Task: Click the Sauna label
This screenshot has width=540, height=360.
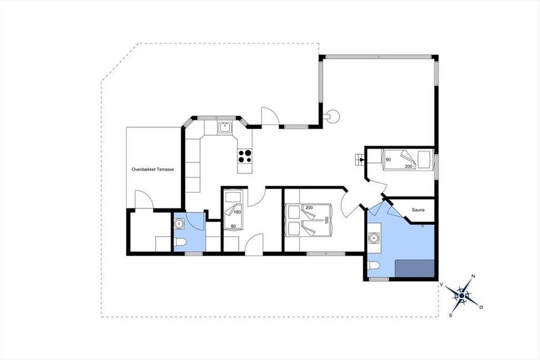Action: tap(418, 210)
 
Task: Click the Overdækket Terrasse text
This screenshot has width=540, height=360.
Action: tap(153, 169)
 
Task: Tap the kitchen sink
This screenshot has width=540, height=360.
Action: tap(225, 127)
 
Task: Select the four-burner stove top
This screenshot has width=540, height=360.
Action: tap(245, 156)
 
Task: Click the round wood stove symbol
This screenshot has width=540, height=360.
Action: tap(333, 117)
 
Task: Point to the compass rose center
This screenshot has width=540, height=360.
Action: tap(461, 296)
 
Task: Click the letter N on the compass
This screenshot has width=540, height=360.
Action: tap(473, 276)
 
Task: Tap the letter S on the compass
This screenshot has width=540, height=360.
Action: tap(450, 315)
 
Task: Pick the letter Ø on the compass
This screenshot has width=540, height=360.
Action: tap(481, 307)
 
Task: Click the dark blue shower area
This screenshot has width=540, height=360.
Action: tap(414, 268)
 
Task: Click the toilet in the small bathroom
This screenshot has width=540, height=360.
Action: tap(180, 242)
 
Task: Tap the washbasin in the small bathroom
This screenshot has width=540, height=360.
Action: tap(179, 224)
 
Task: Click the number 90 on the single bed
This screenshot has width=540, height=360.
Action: tap(388, 160)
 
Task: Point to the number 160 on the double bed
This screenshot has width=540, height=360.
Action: tap(327, 220)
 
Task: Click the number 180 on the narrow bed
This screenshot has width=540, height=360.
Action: tap(238, 212)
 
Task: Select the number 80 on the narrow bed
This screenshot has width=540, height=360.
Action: tap(233, 226)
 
